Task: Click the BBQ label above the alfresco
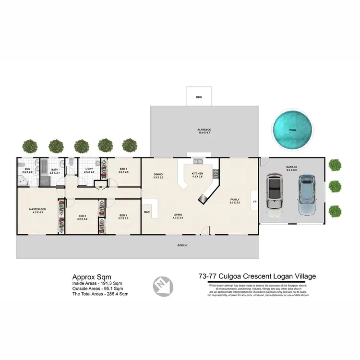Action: click(199, 97)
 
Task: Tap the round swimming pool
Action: click(292, 130)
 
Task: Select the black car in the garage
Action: click(274, 192)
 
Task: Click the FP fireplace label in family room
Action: click(254, 202)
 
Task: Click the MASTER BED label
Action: click(37, 210)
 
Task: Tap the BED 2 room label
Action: click(82, 216)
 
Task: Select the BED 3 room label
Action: click(123, 216)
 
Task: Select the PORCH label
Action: click(181, 245)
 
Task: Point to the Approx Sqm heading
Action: click(92, 276)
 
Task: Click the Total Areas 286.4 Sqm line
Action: click(100, 293)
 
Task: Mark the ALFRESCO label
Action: click(204, 131)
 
